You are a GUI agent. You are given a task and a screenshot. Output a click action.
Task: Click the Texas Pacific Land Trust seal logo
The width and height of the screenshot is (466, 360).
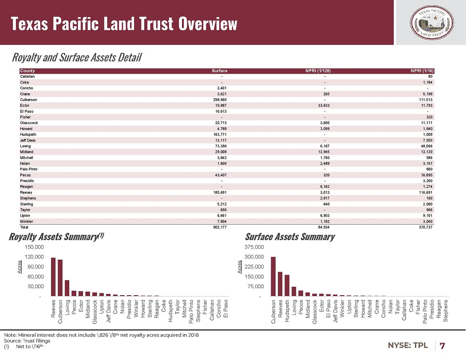point(430,22)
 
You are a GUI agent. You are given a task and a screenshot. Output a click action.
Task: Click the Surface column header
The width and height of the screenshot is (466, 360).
point(220,71)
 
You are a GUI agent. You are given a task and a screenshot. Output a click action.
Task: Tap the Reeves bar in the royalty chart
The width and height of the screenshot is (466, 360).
point(53,277)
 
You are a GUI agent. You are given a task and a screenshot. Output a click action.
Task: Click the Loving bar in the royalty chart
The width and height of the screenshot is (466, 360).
point(67,288)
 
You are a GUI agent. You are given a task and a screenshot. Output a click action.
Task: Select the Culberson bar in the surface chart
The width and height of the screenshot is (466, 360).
point(273,276)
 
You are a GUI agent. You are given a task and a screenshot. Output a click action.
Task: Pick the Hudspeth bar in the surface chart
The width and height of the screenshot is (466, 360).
point(287,285)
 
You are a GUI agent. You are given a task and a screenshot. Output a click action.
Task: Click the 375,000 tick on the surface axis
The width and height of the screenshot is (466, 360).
point(254,247)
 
